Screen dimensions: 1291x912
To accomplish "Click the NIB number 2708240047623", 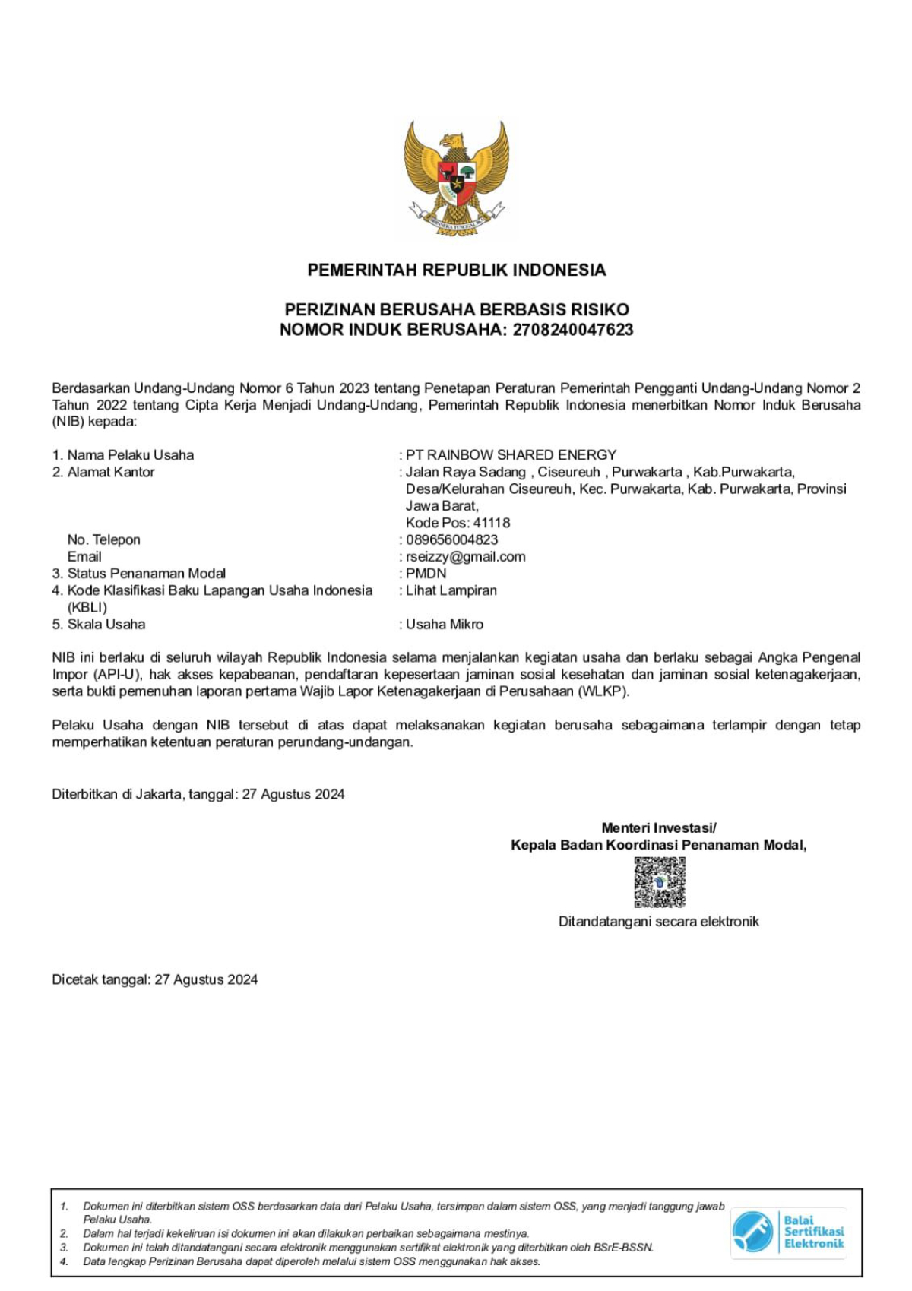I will pyautogui.click(x=572, y=330).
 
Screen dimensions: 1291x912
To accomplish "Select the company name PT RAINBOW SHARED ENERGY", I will pyautogui.click(x=511, y=455).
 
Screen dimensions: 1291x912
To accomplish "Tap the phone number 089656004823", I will pyautogui.click(x=451, y=539).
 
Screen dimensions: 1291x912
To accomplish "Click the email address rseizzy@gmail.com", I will pyautogui.click(x=465, y=556).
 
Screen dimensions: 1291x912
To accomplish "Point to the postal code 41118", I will pyautogui.click(x=491, y=523).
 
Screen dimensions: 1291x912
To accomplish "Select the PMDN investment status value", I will pyautogui.click(x=426, y=574).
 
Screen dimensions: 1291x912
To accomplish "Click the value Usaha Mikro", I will pyautogui.click(x=444, y=624).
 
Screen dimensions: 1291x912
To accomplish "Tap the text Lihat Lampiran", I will pyautogui.click(x=451, y=590).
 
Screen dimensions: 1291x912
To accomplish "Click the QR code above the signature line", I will pyautogui.click(x=660, y=882).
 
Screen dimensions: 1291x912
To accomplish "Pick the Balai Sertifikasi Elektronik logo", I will pyautogui.click(x=788, y=1232).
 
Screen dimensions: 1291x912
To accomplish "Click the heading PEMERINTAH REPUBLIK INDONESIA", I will pyautogui.click(x=456, y=270).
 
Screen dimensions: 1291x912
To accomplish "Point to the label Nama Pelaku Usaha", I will pyautogui.click(x=130, y=455).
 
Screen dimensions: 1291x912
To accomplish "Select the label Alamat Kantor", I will pyautogui.click(x=111, y=472).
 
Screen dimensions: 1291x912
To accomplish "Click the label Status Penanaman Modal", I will pyautogui.click(x=146, y=574).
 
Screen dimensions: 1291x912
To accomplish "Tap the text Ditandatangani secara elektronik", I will pyautogui.click(x=658, y=922).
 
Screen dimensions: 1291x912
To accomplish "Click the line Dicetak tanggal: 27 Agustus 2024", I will pyautogui.click(x=154, y=979).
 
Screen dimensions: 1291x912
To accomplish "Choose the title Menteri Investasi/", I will pyautogui.click(x=658, y=827).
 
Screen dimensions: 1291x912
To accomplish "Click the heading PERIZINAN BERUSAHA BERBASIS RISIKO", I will pyautogui.click(x=456, y=309).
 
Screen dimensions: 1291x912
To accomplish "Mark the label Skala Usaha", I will pyautogui.click(x=106, y=624).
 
